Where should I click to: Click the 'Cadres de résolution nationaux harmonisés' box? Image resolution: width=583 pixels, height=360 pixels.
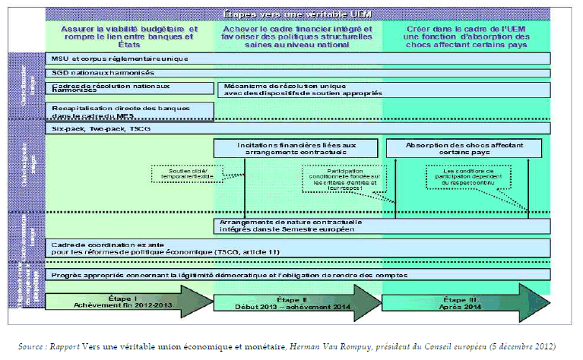click(130, 89)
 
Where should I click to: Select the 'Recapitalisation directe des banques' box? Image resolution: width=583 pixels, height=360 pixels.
click(130, 111)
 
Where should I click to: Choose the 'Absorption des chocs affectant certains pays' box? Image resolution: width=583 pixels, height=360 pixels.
click(467, 148)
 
